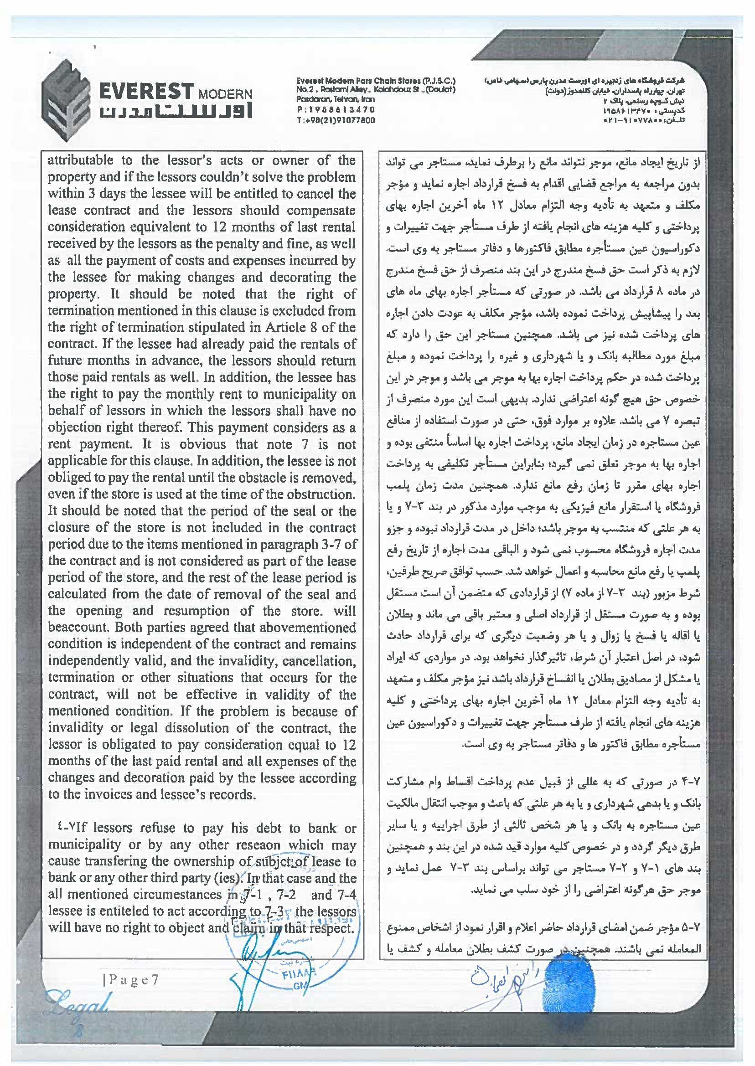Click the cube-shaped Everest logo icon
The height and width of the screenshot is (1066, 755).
pyautogui.click(x=66, y=100)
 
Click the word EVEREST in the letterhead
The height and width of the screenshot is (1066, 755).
pyautogui.click(x=146, y=92)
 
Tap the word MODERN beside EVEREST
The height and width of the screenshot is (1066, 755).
pyautogui.click(x=225, y=94)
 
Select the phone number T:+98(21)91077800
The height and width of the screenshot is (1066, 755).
pyautogui.click(x=335, y=120)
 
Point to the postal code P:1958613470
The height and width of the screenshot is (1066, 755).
pyautogui.click(x=335, y=110)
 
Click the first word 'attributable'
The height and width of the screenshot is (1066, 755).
pyautogui.click(x=80, y=160)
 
